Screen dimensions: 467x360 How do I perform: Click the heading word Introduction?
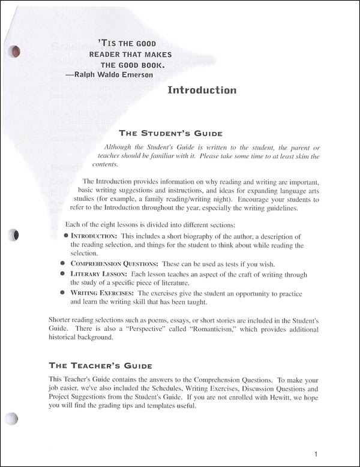[202, 91]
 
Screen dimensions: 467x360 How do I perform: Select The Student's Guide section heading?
[171, 133]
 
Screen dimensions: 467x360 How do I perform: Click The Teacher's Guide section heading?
[100, 365]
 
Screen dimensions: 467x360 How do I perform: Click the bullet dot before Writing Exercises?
[63, 293]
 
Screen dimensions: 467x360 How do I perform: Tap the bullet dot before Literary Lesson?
[63, 273]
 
